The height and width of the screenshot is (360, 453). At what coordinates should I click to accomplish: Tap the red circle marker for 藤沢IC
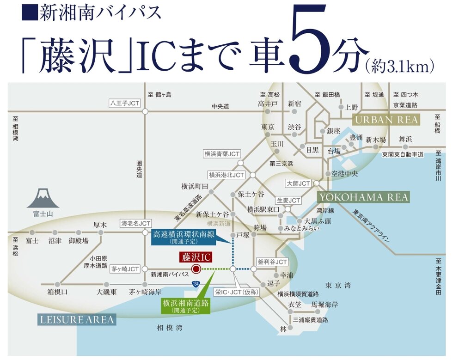pos(196,269)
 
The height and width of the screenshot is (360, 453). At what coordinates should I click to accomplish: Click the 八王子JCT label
pos(125,103)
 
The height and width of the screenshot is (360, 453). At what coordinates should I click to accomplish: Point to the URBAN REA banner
pos(386,120)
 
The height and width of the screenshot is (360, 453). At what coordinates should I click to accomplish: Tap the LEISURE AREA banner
pos(76,319)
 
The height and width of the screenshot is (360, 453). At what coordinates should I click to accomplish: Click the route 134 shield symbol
pos(196,283)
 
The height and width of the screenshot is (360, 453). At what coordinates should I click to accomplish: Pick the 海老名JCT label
pos(135,223)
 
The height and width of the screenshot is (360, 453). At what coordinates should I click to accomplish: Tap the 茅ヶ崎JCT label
pos(125,268)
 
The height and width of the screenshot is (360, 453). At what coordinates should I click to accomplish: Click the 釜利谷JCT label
pos(272,262)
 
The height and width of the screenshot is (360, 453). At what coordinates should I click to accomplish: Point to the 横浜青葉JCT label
pos(222,154)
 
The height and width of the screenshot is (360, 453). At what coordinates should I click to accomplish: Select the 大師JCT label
pos(299,183)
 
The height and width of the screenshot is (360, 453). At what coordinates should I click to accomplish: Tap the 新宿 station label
pos(294,104)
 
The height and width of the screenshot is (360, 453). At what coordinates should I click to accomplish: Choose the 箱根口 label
pos(57,292)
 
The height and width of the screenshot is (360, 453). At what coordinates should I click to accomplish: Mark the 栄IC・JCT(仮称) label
pos(237,292)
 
